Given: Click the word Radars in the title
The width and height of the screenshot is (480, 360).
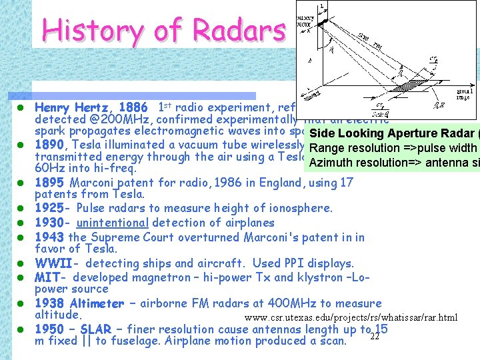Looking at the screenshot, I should click(x=239, y=29).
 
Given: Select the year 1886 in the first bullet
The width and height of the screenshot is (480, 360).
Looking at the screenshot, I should click(x=135, y=107).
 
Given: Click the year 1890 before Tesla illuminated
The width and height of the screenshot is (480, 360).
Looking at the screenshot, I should click(x=50, y=145).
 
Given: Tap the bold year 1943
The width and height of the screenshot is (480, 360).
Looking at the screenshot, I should click(x=49, y=237).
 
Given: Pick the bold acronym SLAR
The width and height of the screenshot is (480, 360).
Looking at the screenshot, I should click(x=97, y=329).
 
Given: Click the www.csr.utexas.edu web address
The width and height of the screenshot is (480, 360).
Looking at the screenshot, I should click(x=351, y=317).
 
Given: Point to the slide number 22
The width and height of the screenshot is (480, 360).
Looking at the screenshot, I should click(x=375, y=336).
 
